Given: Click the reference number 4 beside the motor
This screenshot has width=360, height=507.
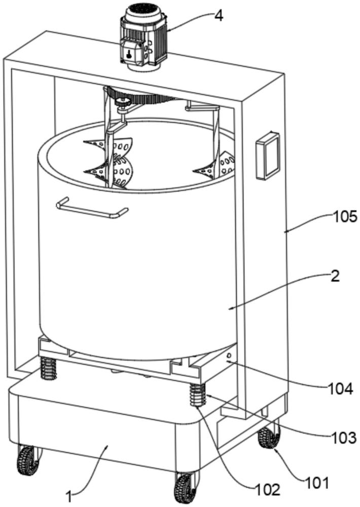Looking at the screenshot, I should pos(218,15).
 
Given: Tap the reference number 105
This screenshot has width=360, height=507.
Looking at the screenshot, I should pos(345,217).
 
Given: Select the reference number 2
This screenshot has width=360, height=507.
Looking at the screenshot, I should pos(334,276).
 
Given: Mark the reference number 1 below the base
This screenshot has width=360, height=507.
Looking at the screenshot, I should pos(74,494).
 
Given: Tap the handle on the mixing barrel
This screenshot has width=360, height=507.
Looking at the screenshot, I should pos(91,208).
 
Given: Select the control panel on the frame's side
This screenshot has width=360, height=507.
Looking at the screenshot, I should pos(267,156).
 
